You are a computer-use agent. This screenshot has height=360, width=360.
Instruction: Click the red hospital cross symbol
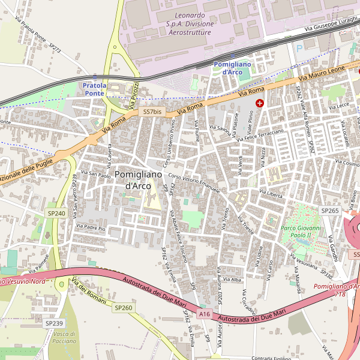click(260, 103)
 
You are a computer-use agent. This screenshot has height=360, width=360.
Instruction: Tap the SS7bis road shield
click(152, 112)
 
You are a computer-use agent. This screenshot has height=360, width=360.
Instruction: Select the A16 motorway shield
click(205, 314)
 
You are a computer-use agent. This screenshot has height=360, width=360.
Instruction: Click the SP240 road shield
click(56, 213)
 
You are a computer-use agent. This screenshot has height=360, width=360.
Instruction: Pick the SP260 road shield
click(123, 308)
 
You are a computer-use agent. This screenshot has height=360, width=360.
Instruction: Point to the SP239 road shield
click(53, 323)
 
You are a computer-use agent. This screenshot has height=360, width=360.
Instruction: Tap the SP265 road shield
click(330, 211)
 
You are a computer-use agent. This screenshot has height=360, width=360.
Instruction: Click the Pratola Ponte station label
click(94, 89)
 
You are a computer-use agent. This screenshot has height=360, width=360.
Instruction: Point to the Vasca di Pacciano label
click(64, 337)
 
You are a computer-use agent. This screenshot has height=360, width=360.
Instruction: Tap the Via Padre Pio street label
click(91, 229)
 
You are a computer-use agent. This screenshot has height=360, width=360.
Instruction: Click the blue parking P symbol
click(299, 48)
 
